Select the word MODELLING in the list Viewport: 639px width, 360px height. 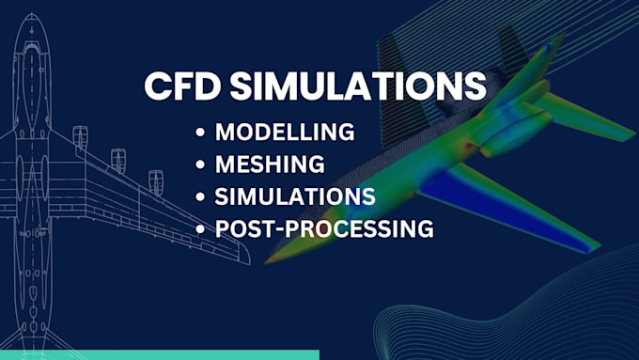click(x=285, y=133)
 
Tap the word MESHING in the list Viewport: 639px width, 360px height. click(x=270, y=164)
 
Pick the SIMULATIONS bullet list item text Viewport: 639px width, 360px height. click(x=295, y=196)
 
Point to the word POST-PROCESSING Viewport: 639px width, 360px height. click(x=324, y=228)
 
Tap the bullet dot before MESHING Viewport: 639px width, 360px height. click(x=202, y=165)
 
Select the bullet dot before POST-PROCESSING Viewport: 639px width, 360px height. click(x=202, y=229)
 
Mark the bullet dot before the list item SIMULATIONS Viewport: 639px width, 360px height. click(x=202, y=197)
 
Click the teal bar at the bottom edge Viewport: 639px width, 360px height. click(x=160, y=354)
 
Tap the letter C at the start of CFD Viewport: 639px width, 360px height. click(x=157, y=86)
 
